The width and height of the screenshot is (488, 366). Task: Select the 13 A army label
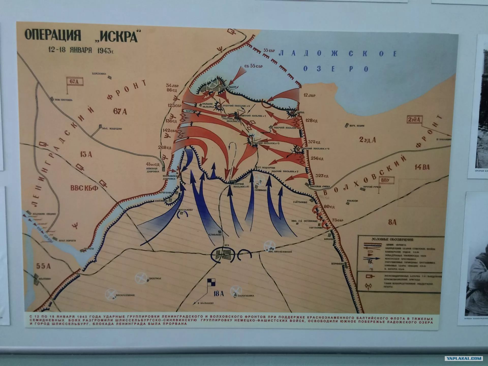click(x=86, y=154)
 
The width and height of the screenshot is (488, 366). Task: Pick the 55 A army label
click(x=43, y=266)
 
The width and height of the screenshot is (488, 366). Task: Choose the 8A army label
click(x=392, y=222)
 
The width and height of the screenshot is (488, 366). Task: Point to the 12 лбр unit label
click(x=309, y=96)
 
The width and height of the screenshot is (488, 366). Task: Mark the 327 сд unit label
click(x=322, y=176)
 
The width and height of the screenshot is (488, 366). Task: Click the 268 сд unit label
click(x=164, y=147)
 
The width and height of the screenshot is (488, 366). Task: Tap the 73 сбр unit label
click(x=338, y=220)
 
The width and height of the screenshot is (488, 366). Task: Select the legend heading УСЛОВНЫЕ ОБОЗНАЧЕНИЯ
click(x=392, y=240)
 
